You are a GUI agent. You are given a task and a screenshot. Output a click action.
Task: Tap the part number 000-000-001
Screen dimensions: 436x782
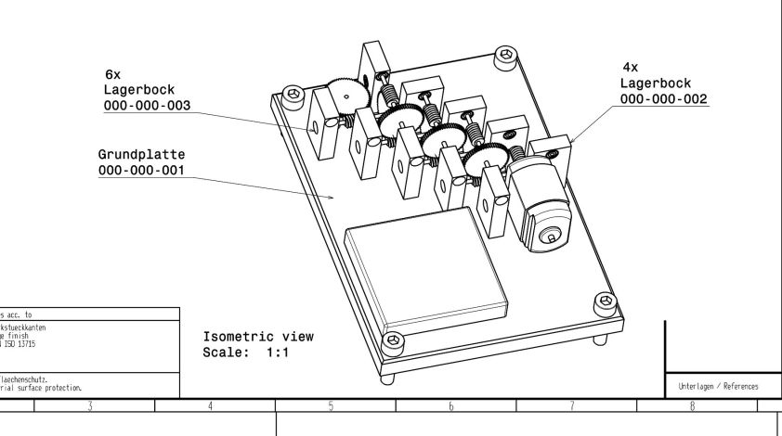click(x=141, y=171)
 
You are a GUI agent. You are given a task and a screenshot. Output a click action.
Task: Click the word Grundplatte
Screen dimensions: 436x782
click(x=141, y=154)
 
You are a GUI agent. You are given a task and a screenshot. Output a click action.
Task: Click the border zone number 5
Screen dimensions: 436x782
click(x=331, y=406)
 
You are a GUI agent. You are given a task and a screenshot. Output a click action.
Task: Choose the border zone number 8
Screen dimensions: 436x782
click(x=693, y=406)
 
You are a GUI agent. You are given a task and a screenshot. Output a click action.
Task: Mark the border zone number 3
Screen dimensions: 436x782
click(x=90, y=406)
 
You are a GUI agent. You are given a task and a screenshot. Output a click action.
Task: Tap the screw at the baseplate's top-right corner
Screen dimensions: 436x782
click(x=505, y=55)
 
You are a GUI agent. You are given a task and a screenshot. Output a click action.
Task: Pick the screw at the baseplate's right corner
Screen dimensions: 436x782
click(x=607, y=301)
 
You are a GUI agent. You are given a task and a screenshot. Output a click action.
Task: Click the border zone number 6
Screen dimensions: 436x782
click(x=450, y=406)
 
